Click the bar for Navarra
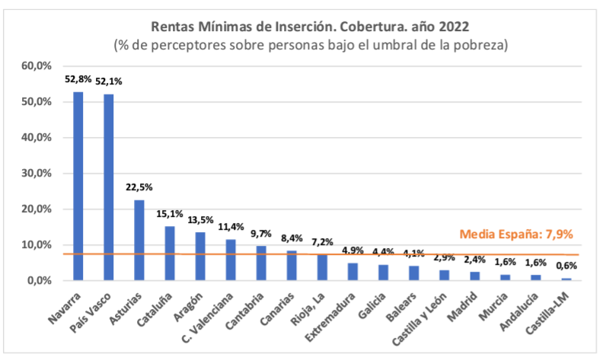(x=78, y=186)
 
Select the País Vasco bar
(x=108, y=187)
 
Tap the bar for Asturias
(x=139, y=240)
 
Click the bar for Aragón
(x=200, y=256)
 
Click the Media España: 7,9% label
(x=515, y=234)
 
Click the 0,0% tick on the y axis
(x=38, y=281)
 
